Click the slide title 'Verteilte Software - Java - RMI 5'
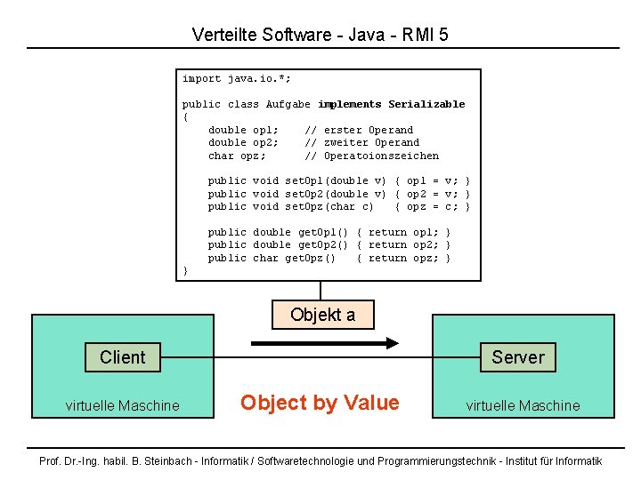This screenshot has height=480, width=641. [320, 36]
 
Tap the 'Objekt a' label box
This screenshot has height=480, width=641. [322, 315]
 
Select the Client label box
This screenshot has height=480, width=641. [122, 357]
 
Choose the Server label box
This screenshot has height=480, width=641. [517, 357]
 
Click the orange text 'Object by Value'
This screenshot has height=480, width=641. [320, 403]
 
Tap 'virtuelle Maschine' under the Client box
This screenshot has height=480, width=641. [122, 405]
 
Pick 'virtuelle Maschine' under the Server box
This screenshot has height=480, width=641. [523, 405]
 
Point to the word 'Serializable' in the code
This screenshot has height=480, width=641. [426, 105]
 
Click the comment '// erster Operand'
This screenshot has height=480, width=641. [359, 130]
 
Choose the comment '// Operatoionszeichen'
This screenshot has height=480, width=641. [371, 156]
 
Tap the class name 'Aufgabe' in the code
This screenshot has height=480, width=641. [288, 105]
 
